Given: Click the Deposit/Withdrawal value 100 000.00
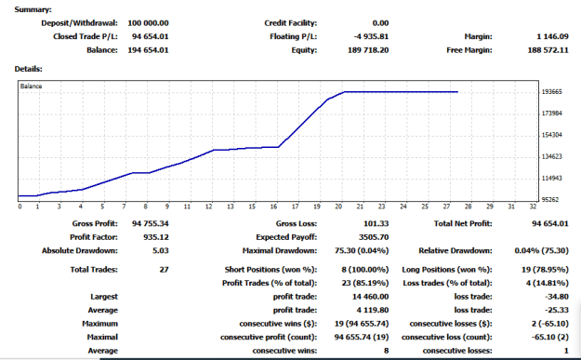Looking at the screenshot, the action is click(148, 23).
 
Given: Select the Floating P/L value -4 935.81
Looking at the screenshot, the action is click(371, 36).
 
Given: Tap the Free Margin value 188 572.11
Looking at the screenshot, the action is click(548, 50).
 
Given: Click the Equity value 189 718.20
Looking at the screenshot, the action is click(368, 50).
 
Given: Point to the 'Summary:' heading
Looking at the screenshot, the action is click(33, 9).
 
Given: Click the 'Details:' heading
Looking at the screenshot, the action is click(29, 69).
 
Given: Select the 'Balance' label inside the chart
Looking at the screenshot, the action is click(31, 86).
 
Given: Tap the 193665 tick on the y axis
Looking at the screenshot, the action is click(552, 91).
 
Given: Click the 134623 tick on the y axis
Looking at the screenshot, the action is click(552, 156).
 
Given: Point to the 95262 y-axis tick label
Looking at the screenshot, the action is click(550, 199).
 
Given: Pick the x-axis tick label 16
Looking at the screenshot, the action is click(273, 207).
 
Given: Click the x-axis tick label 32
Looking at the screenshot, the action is click(533, 207).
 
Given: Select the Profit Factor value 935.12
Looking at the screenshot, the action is click(156, 237).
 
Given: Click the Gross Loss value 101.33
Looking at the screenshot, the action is click(376, 223).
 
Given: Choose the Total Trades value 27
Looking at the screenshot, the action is click(165, 270).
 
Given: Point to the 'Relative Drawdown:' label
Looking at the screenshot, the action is click(456, 250).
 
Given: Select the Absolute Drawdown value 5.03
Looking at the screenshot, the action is click(161, 250).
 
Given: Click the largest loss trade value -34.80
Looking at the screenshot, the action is click(557, 297).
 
